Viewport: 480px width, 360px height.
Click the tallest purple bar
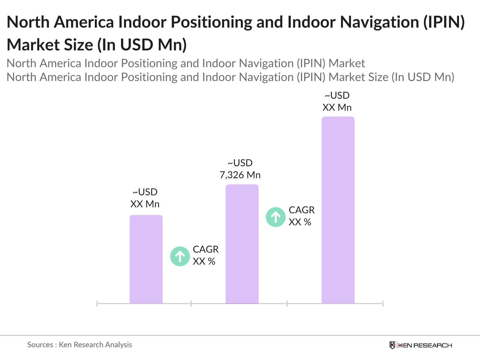(338, 210)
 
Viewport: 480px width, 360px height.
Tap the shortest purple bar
(146, 259)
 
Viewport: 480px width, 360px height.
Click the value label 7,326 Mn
(240, 175)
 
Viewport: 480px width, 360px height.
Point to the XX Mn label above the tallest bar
(337, 107)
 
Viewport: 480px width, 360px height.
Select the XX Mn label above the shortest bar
(145, 204)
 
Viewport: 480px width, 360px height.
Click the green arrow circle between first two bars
(180, 256)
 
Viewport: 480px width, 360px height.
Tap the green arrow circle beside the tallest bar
(275, 217)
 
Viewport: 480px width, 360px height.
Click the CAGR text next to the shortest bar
(205, 249)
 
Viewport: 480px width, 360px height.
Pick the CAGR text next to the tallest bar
(301, 210)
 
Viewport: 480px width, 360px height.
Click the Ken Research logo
(421, 345)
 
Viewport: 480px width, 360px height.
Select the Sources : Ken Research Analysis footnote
(79, 345)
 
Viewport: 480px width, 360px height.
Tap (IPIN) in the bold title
(444, 22)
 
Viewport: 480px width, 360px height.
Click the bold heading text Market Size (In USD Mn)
(97, 45)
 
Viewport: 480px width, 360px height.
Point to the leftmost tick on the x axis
(97, 304)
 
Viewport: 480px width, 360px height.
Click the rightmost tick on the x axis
(383, 304)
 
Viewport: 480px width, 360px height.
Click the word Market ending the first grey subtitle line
(347, 63)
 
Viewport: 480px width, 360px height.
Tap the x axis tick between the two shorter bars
(191, 304)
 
